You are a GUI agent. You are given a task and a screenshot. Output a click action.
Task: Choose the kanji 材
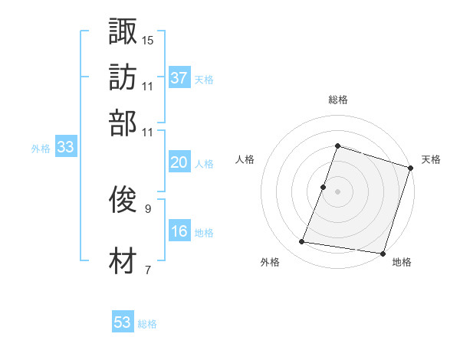point(123,261)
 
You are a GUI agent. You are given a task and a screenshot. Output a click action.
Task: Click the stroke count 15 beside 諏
point(148,39)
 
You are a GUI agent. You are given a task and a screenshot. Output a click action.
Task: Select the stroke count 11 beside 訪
point(148,85)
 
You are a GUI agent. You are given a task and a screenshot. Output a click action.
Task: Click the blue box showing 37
point(179,77)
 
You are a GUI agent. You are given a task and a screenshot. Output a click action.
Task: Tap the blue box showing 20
point(179,162)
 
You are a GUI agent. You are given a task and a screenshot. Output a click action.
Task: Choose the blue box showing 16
point(179,232)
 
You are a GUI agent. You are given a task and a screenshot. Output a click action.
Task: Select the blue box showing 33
point(64,148)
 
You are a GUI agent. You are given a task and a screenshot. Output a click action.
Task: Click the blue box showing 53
point(123,322)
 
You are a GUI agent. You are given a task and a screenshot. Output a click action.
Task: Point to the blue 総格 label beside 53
point(147,324)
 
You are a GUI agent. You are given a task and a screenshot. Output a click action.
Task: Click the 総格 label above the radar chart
point(337,100)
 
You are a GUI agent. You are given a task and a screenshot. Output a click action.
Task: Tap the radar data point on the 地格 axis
point(382,253)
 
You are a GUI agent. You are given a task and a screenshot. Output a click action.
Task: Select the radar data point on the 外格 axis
point(302,242)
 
